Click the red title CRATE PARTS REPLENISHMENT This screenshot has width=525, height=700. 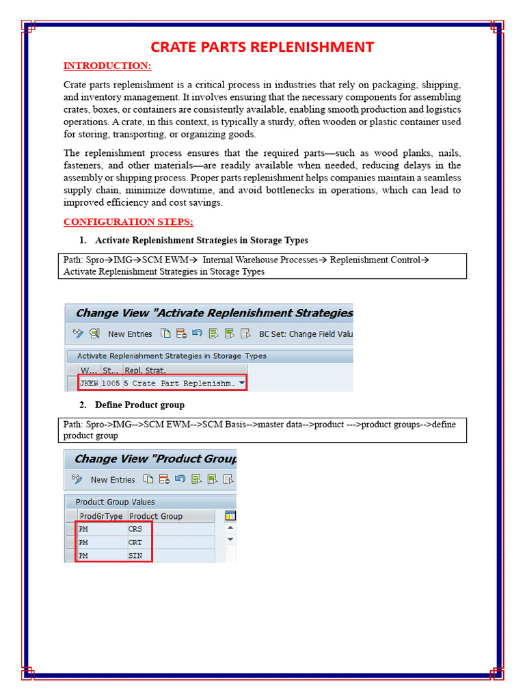tap(262, 47)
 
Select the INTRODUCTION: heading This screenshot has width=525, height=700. tap(107, 66)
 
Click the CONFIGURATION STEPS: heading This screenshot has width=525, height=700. tap(129, 221)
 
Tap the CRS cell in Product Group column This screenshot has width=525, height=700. tap(136, 529)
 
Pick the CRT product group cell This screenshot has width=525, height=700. tap(136, 542)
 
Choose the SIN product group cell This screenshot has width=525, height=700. tap(136, 556)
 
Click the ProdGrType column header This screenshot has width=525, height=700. tap(101, 516)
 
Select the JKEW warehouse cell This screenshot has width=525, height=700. tap(89, 383)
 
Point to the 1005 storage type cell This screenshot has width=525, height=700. tap(111, 383)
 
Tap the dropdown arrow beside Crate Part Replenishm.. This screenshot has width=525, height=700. tap(242, 383)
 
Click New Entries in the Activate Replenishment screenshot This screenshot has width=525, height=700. tap(130, 334)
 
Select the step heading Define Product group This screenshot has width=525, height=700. tap(139, 405)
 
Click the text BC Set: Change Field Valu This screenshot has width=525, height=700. tap(306, 334)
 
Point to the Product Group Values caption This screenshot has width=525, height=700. tap(115, 502)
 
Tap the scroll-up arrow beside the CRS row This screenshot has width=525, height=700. tap(230, 528)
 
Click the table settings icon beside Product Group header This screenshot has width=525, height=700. tap(230, 516)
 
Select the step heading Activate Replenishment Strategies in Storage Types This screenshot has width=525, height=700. tap(202, 240)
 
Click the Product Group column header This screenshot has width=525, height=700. tap(156, 516)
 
